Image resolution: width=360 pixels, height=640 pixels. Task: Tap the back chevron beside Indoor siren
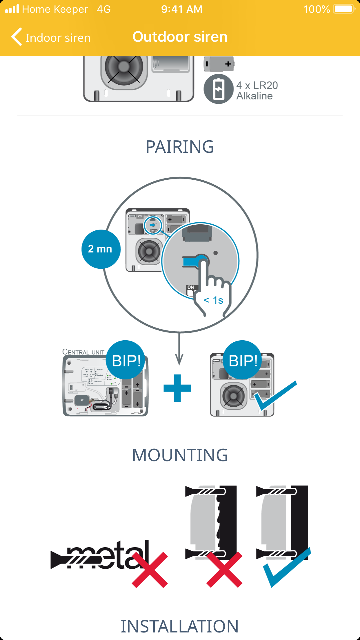point(17,37)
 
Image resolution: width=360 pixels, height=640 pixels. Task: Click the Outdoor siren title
point(180,37)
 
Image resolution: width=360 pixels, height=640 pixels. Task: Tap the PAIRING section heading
point(180,147)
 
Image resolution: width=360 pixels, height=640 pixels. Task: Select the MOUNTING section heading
point(180,455)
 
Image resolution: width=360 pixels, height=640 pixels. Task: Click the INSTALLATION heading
point(180,626)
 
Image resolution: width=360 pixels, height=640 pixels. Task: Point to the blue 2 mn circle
point(101,249)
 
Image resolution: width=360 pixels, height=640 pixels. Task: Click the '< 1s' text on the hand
point(213,300)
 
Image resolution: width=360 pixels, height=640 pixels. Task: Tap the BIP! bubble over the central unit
point(126,360)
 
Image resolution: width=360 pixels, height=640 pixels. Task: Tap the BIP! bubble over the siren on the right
point(243,360)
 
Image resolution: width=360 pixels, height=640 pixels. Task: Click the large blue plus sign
point(177,388)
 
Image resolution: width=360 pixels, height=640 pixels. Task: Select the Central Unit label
point(83,352)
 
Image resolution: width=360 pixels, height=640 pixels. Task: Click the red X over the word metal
point(150,570)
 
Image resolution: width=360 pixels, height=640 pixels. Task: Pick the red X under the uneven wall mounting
point(224,570)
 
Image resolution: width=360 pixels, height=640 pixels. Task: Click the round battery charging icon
point(218,89)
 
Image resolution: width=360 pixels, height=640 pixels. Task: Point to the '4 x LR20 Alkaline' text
point(257,91)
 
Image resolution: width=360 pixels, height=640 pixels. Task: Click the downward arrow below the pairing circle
point(179,351)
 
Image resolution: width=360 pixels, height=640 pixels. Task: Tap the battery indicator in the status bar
point(344,9)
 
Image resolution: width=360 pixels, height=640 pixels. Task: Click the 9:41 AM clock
point(182,9)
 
